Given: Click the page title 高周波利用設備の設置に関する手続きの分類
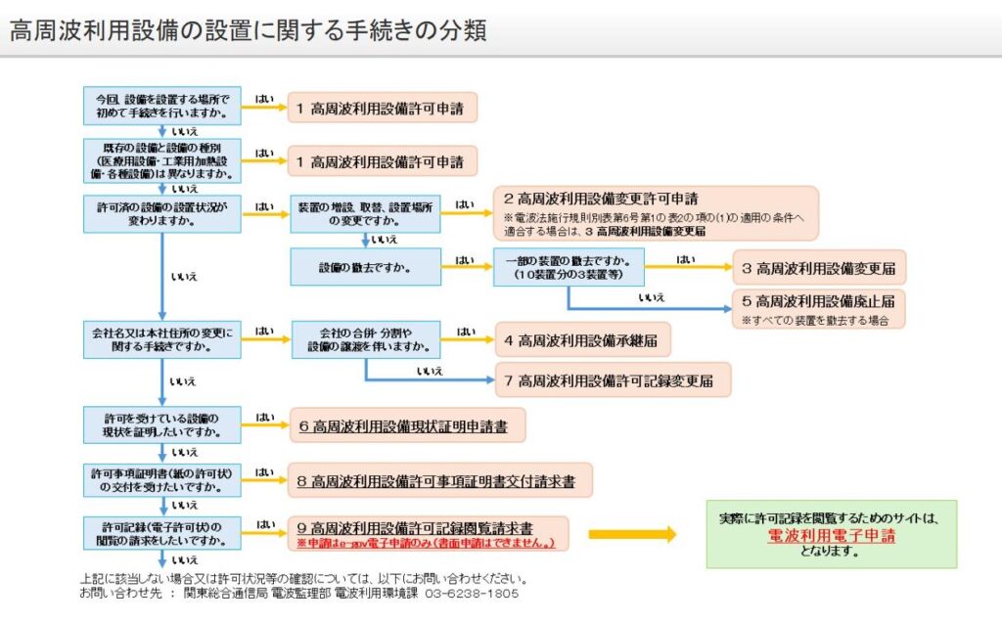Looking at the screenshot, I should click(x=249, y=29).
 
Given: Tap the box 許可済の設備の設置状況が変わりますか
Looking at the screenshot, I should click(x=162, y=213).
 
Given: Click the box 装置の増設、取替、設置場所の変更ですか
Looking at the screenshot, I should click(x=364, y=212).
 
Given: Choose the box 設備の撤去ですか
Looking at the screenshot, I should click(x=364, y=267).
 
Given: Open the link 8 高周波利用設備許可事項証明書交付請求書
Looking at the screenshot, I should click(x=441, y=481).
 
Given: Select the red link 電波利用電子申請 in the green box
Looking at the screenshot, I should click(x=831, y=537).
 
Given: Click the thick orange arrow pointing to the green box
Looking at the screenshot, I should click(x=632, y=534).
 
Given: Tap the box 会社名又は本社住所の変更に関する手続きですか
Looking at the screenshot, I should click(x=162, y=339).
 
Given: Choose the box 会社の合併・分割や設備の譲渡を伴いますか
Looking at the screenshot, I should click(x=365, y=339).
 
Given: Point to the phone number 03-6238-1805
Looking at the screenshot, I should click(x=472, y=594).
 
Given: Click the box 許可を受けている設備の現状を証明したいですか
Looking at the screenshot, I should click(x=162, y=424).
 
